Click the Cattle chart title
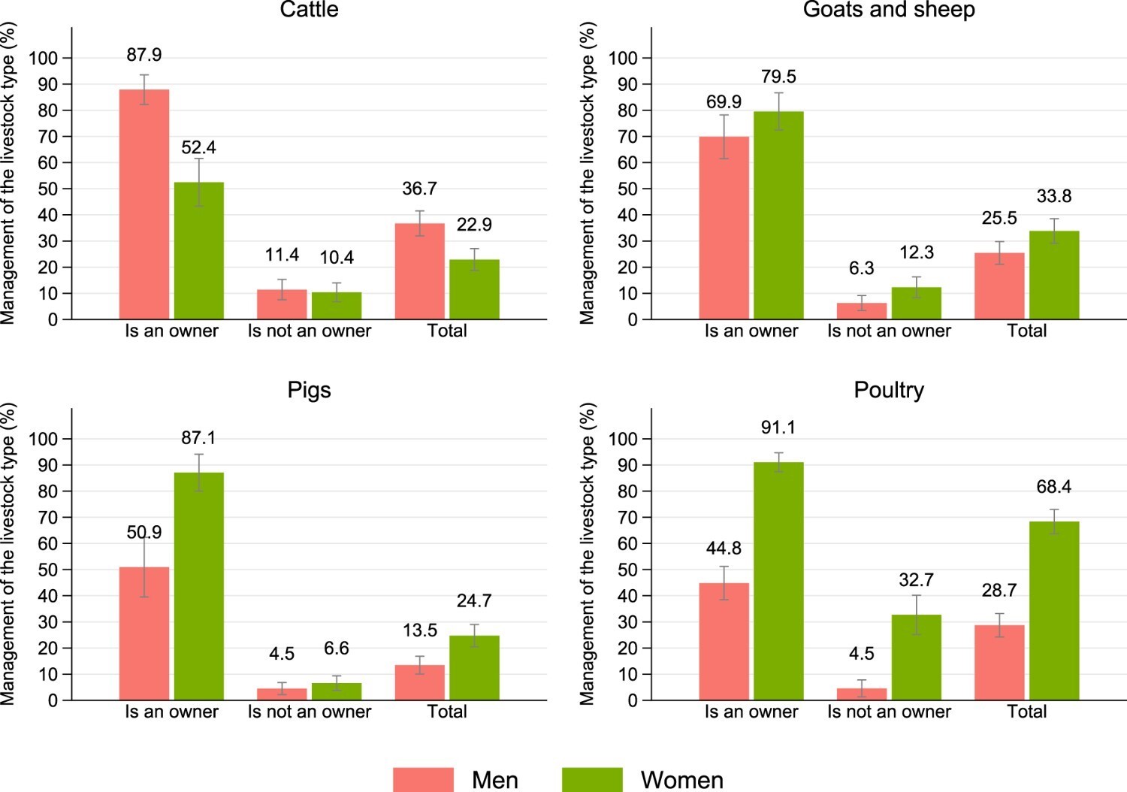[x=309, y=10]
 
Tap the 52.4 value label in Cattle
[x=198, y=147]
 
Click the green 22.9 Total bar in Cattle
[x=474, y=289]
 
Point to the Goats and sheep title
[x=889, y=10]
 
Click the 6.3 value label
[x=861, y=268]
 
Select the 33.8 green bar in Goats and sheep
[x=1054, y=275]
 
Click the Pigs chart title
[x=309, y=390]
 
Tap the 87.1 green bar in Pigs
[x=198, y=586]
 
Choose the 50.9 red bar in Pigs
[x=144, y=633]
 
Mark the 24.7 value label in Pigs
[x=474, y=600]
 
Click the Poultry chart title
[x=889, y=390]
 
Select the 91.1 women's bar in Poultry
[x=778, y=581]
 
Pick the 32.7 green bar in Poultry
[x=917, y=657]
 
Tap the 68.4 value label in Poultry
[x=1054, y=487]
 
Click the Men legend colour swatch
[x=423, y=779]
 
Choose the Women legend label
[x=681, y=780]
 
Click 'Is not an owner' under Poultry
[x=889, y=712]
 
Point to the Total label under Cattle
[x=447, y=331]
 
